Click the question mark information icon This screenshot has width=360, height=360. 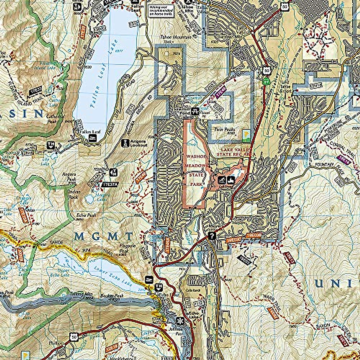coord(212,235)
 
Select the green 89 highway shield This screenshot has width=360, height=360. coord(265,81)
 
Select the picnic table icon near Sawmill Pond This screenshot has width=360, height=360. coord(196,111)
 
